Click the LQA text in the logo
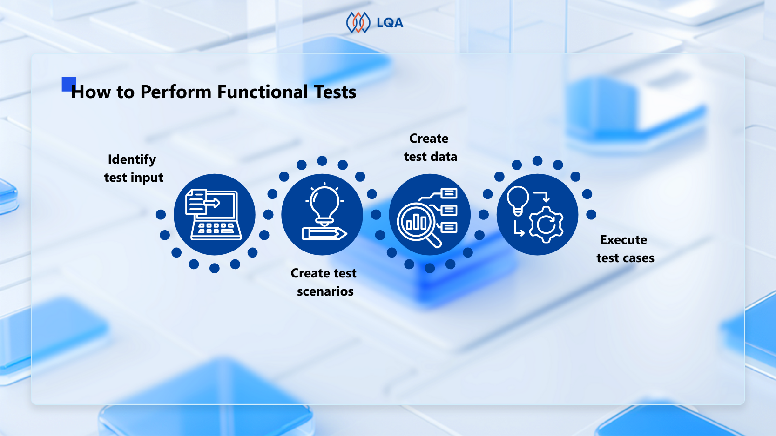click(390, 23)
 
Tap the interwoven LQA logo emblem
click(358, 23)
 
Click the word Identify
click(132, 159)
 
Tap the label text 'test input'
click(134, 178)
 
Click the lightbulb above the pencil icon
click(324, 204)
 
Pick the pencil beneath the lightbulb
click(324, 234)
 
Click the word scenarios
click(325, 291)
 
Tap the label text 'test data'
click(430, 157)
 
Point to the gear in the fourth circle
click(547, 225)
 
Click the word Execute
click(623, 240)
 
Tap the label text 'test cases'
click(625, 258)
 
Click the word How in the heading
click(91, 92)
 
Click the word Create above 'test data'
click(429, 139)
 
